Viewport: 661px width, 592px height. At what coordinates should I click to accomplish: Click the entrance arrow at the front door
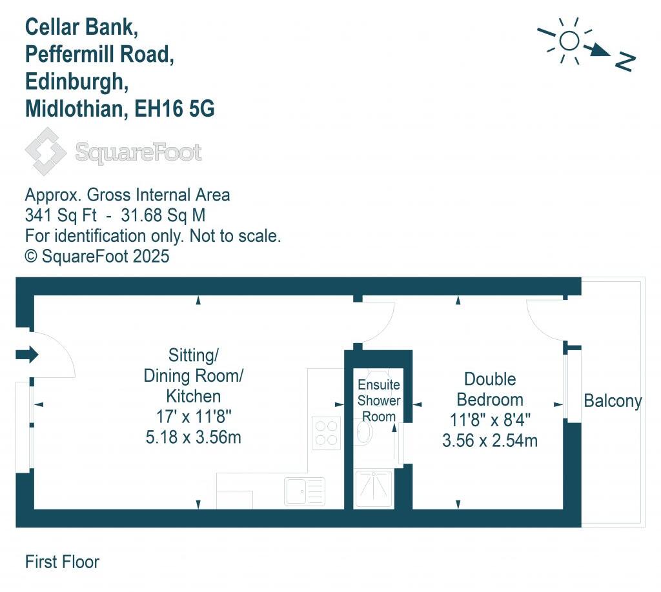coord(29,354)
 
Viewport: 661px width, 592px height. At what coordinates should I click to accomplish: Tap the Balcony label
coord(613,401)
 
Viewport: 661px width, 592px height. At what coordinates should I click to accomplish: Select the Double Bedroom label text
coord(490,389)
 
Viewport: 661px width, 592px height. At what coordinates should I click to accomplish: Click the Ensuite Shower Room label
coord(379,400)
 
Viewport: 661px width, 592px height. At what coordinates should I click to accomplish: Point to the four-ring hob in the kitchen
coord(327,433)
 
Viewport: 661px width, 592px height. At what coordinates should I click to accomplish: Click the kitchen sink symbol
coord(305,491)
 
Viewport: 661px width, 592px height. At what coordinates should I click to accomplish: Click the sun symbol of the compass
coord(569,41)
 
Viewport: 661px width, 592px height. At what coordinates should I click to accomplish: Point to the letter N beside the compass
coord(624,61)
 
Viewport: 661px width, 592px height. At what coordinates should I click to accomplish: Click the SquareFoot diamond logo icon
coord(45,152)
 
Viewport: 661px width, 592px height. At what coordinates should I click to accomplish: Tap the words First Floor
coord(62,562)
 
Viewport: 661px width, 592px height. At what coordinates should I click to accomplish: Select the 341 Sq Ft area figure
coord(57,215)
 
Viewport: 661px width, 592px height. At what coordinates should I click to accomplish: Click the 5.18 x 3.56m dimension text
coord(194,437)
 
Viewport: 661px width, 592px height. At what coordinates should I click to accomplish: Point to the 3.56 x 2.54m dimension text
coord(490,441)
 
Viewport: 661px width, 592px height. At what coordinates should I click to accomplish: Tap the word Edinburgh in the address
coord(73,82)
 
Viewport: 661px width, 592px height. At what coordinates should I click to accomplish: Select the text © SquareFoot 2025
coord(97,256)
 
